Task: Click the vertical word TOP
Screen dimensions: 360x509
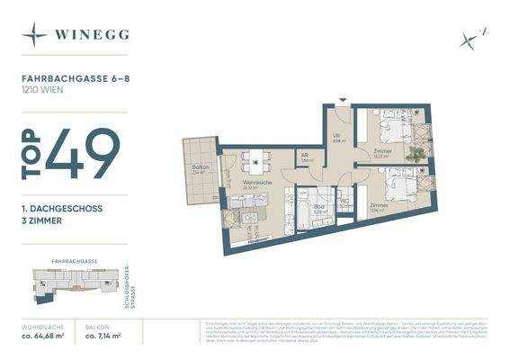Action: click(31, 154)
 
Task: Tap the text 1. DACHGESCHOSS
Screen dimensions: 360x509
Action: click(62, 208)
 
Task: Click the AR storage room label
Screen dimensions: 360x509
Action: click(307, 155)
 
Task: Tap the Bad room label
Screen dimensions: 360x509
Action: click(318, 206)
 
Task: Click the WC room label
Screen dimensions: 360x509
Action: click(344, 202)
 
